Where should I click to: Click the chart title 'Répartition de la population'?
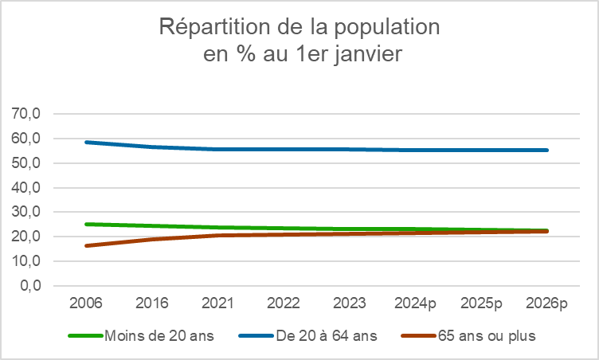tap(299, 26)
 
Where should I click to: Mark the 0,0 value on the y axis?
tap(31, 286)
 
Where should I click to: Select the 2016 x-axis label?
tap(151, 304)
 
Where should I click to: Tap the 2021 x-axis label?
tap(217, 304)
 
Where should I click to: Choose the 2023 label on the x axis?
tap(349, 304)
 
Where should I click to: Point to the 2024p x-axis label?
tap(415, 304)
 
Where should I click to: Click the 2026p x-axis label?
tap(547, 304)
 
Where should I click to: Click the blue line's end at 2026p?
tap(547, 150)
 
